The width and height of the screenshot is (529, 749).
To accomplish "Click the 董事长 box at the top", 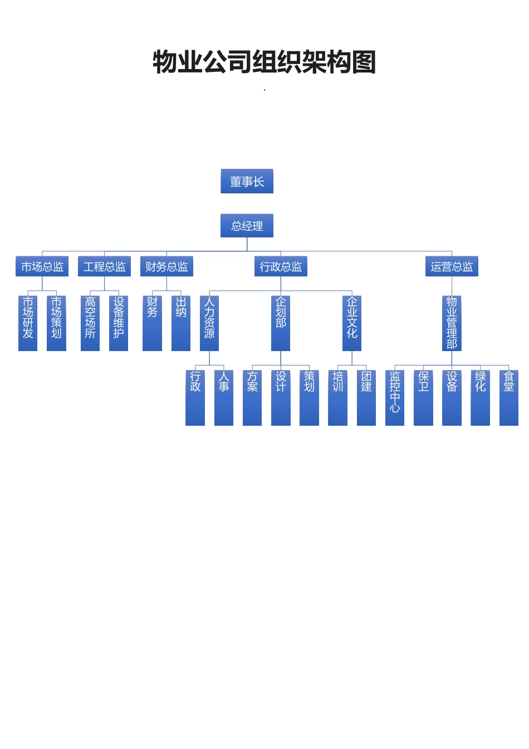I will pyautogui.click(x=247, y=181).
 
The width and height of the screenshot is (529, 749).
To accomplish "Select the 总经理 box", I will pyautogui.click(x=247, y=226).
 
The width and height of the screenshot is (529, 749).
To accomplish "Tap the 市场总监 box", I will pyautogui.click(x=42, y=266).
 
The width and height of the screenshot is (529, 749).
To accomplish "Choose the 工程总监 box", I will pyautogui.click(x=104, y=266).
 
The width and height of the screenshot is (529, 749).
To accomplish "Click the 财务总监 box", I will pyautogui.click(x=166, y=266).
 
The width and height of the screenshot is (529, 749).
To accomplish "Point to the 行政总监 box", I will pyautogui.click(x=281, y=266).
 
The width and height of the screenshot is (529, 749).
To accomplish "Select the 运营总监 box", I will pyautogui.click(x=452, y=266).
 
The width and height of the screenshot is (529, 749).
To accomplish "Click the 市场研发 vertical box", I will pyautogui.click(x=28, y=323).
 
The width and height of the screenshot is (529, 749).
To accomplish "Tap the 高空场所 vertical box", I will pyautogui.click(x=90, y=323).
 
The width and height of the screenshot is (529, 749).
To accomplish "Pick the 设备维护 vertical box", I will pyautogui.click(x=119, y=323).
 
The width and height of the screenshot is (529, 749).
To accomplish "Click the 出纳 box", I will pyautogui.click(x=181, y=323).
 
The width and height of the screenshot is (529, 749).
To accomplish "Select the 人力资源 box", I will pyautogui.click(x=209, y=323).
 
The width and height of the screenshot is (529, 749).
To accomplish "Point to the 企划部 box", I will pyautogui.click(x=281, y=323).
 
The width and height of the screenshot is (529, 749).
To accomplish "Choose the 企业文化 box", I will pyautogui.click(x=352, y=323).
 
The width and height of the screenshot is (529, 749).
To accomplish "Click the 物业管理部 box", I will pyautogui.click(x=452, y=323).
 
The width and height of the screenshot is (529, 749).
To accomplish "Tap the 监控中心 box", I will pyautogui.click(x=395, y=397).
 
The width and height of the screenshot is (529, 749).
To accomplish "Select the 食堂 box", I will pyautogui.click(x=509, y=397).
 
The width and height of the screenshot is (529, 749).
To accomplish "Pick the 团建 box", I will pyautogui.click(x=366, y=397).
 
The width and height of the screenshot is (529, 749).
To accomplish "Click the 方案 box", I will pyautogui.click(x=252, y=397).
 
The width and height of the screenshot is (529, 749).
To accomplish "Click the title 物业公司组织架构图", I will pyautogui.click(x=264, y=61).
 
